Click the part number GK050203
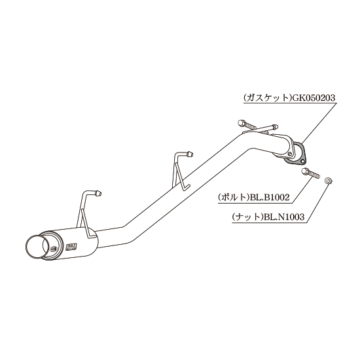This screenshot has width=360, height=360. pyautogui.click(x=313, y=98)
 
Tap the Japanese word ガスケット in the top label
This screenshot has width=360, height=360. pyautogui.click(x=267, y=98)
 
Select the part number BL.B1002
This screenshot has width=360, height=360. pyautogui.click(x=270, y=197)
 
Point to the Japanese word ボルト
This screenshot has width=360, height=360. pyautogui.click(x=234, y=198)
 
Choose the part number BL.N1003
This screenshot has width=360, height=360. pyautogui.click(x=284, y=217)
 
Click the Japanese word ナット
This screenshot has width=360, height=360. pyautogui.click(x=248, y=217)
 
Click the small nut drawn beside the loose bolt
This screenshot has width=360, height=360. pyautogui.click(x=329, y=181)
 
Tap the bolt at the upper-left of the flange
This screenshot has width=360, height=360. pyautogui.click(x=247, y=124)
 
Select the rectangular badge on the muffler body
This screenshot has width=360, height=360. pyautogui.click(x=71, y=246)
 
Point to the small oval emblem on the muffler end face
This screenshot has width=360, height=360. pyautogui.click(x=53, y=249)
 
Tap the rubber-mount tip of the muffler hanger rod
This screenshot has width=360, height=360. pyautogui.click(x=98, y=193)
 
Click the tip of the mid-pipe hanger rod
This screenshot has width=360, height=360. pyautogui.click(x=190, y=154)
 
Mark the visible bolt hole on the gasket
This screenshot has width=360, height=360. pyautogui.click(x=303, y=162)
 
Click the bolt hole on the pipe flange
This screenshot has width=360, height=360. pyautogui.click(x=291, y=154)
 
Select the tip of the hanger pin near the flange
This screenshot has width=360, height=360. pyautogui.click(x=275, y=126)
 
